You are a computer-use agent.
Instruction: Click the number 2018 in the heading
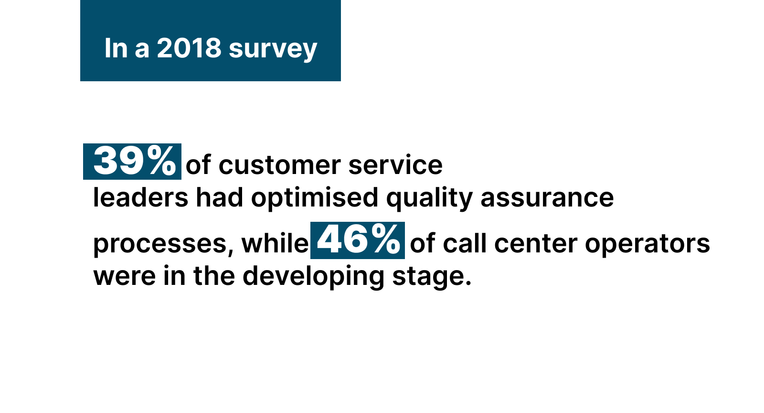click(x=189, y=48)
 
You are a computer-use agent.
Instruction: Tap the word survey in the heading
click(x=273, y=50)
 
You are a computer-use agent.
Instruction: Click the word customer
click(x=280, y=165)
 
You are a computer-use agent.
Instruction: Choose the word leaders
click(x=140, y=197)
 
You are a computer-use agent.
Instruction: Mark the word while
click(x=275, y=243)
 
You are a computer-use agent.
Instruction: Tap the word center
click(x=536, y=244)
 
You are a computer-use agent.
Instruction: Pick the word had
click(x=219, y=197)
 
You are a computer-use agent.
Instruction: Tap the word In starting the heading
click(x=116, y=48)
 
